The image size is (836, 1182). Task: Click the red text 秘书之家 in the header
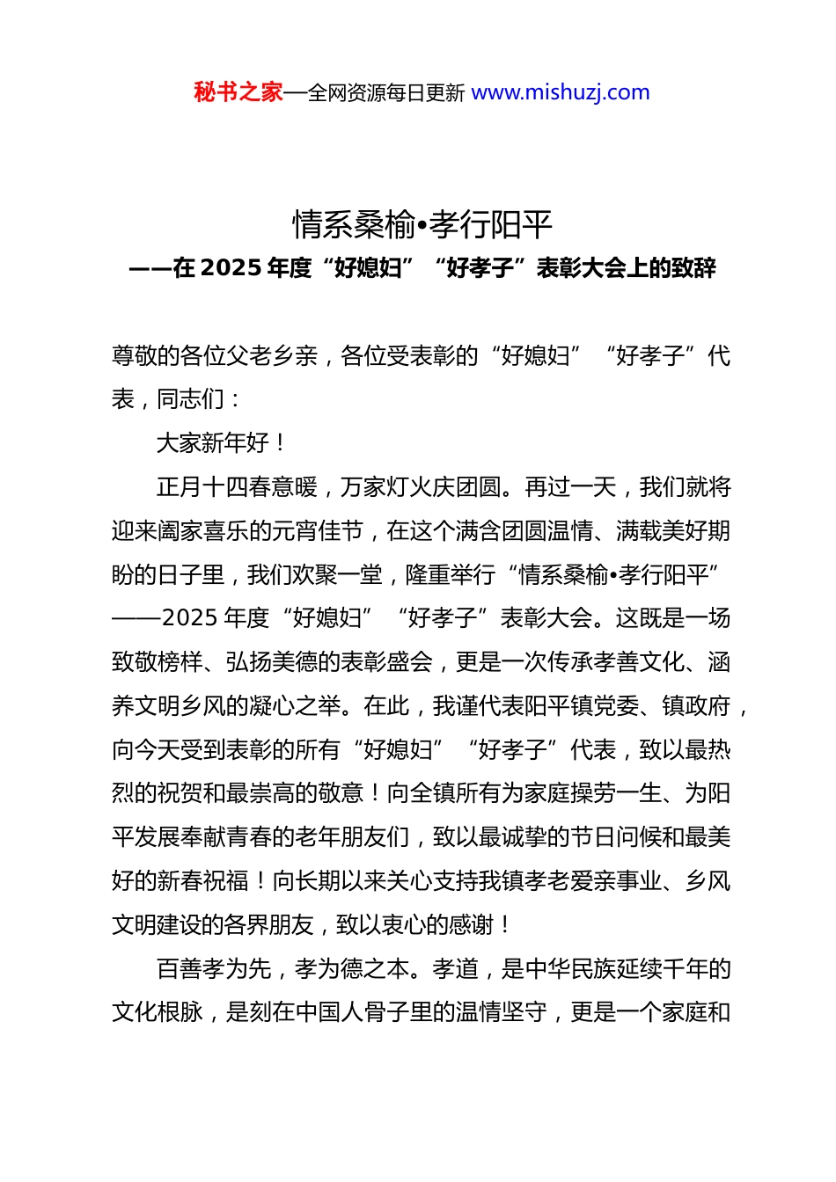(x=238, y=92)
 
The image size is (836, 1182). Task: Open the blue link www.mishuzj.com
(x=561, y=92)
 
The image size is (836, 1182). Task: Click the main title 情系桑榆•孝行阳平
(x=422, y=225)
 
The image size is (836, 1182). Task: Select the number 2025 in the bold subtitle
(x=231, y=267)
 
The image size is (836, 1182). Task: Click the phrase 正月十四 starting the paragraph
(x=202, y=487)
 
